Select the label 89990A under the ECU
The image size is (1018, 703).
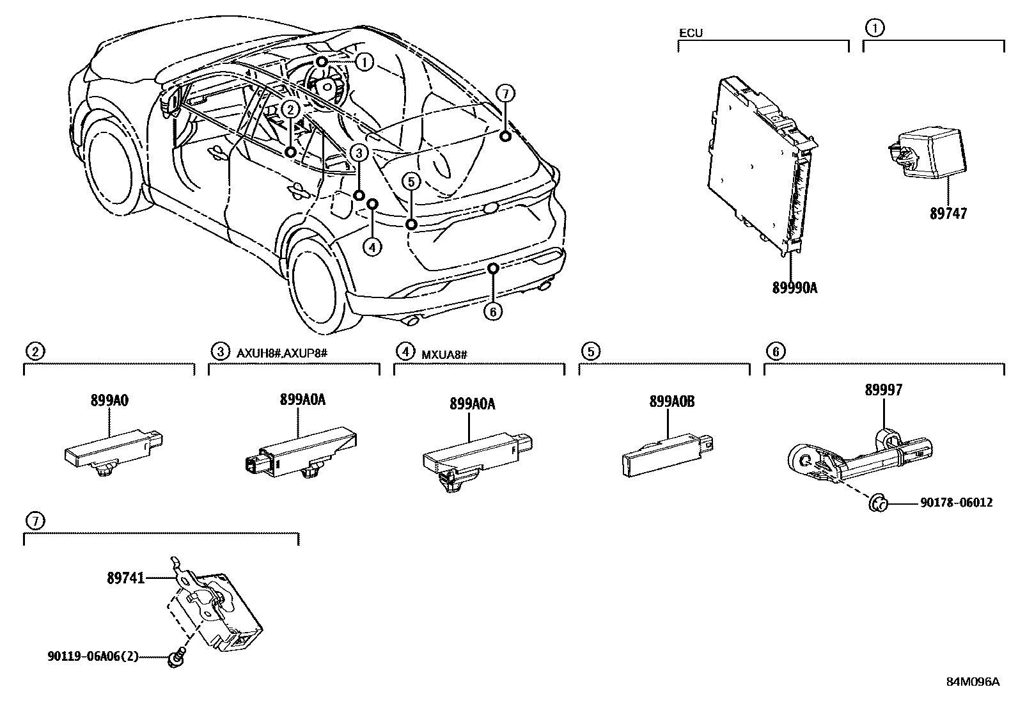[794, 288]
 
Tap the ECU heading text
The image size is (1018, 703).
[691, 33]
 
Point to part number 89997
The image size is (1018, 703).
[884, 390]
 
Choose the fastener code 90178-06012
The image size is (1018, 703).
[956, 503]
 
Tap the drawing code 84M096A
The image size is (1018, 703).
[973, 681]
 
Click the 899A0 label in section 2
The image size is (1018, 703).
[109, 400]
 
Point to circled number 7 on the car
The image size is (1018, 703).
[505, 94]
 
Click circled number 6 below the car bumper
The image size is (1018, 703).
[492, 312]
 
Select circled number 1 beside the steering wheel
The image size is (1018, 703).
[364, 62]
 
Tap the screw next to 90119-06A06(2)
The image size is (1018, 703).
[175, 658]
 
